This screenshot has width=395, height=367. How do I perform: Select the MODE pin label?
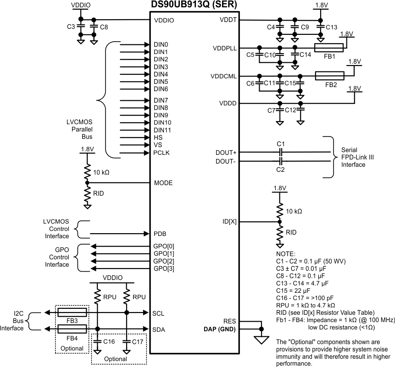pyautogui.click(x=163, y=183)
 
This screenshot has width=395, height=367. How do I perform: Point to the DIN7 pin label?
pyautogui.click(x=161, y=100)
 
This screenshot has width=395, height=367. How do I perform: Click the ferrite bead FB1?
pyautogui.click(x=328, y=47)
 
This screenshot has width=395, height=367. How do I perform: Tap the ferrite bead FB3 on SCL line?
pyautogui.click(x=72, y=312)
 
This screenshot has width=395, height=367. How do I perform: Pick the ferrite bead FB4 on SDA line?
pyautogui.click(x=72, y=329)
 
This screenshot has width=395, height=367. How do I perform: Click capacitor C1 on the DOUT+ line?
pyautogui.click(x=281, y=152)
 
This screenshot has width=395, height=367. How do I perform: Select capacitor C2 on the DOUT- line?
pyautogui.click(x=281, y=161)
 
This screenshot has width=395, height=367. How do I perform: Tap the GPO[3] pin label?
pyautogui.click(x=164, y=268)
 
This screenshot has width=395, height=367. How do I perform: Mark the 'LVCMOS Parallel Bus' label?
pyautogui.click(x=80, y=129)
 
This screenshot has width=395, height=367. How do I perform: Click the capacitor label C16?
pyautogui.click(x=109, y=342)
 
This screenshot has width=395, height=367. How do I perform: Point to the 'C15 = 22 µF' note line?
pyautogui.click(x=295, y=290)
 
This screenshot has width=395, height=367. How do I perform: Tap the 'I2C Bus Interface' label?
pyautogui.click(x=12, y=321)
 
